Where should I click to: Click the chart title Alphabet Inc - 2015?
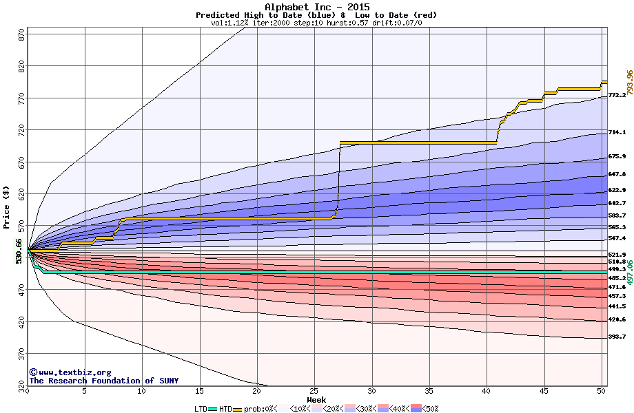coord(316,7)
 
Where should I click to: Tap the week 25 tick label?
coord(314,391)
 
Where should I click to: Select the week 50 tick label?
coord(601,391)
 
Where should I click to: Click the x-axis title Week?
coord(316,399)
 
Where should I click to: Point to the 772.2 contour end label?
coord(617,95)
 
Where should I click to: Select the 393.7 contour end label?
coord(617,337)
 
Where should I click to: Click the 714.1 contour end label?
coord(617,132)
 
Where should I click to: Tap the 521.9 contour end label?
coord(617,255)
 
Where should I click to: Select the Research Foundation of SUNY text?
coord(103,381)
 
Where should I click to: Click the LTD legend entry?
coord(203,408)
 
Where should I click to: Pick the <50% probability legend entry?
coord(427,408)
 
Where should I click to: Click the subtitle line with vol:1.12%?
coord(316,23)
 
